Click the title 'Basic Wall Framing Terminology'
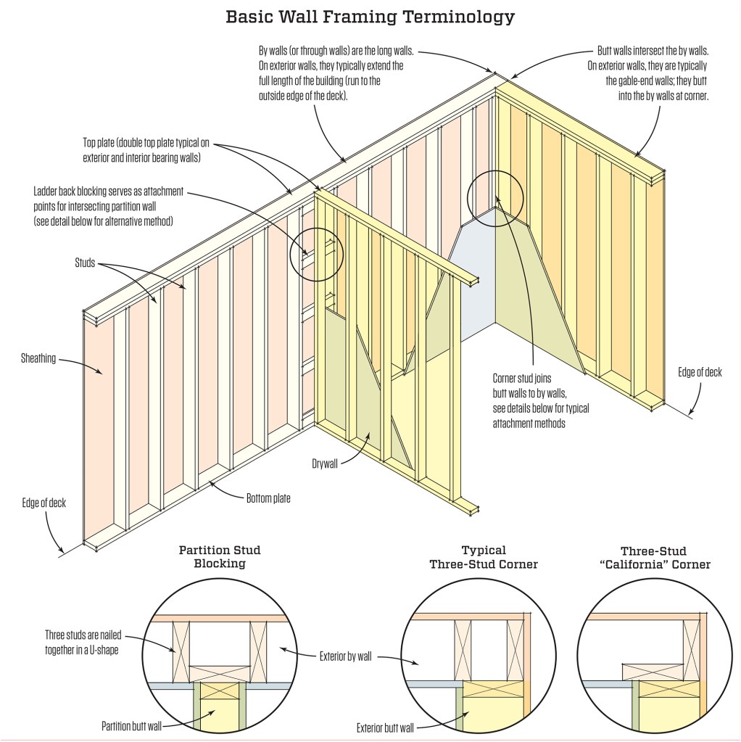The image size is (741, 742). point(370,16)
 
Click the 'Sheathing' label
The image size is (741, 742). point(38,358)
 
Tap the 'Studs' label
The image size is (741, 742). point(85,262)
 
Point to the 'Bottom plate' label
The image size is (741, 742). point(268,498)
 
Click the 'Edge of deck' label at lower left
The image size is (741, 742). point(43,503)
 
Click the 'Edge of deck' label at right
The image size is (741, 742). point(700,372)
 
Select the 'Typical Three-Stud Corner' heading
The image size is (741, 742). point(484,556)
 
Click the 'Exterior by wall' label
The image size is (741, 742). point(345,657)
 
